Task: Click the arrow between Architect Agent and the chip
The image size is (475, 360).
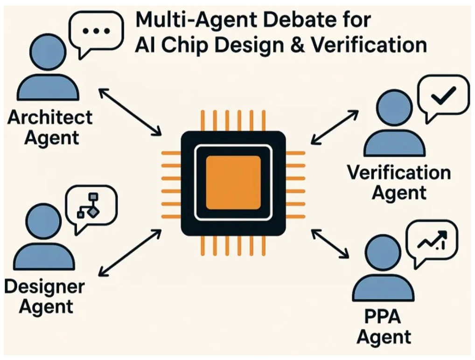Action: [130, 112]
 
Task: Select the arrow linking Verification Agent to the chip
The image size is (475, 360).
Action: [335, 126]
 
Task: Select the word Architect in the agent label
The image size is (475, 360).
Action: [50, 117]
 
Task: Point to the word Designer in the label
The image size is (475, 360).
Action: [45, 286]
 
